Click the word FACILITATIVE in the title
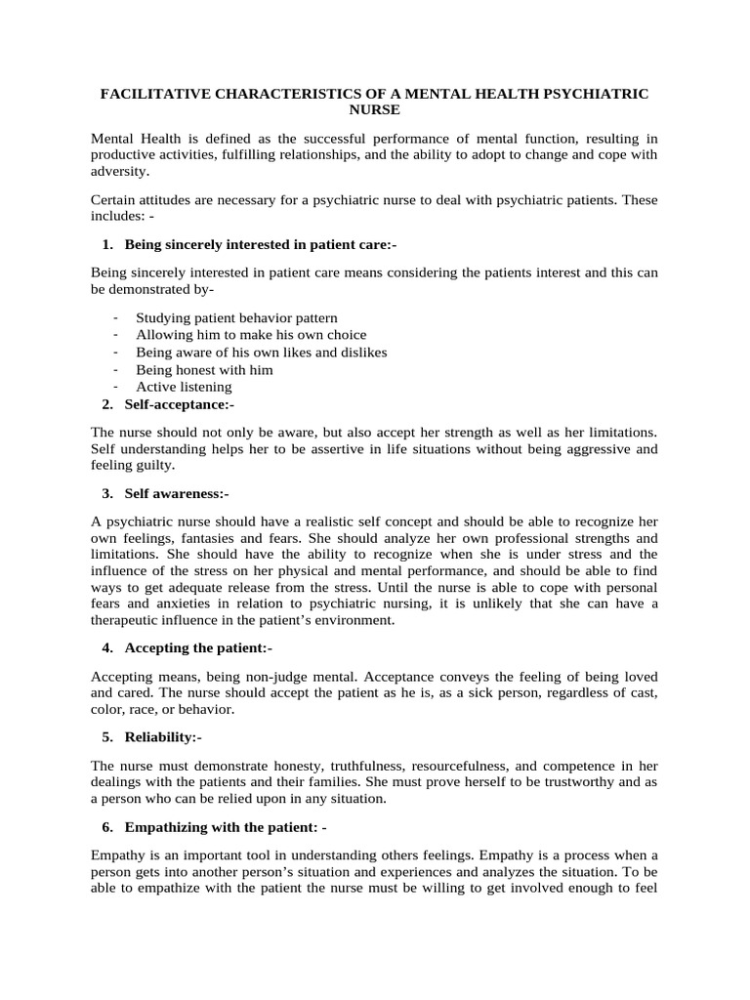pos(157,94)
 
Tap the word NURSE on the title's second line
pos(374,110)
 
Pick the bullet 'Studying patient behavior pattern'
pos(236,317)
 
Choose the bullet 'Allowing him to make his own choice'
pos(251,335)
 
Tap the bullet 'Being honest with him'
pos(204,369)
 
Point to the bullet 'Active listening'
pos(184,387)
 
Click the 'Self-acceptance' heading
pos(180,404)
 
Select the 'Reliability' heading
pos(163,737)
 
